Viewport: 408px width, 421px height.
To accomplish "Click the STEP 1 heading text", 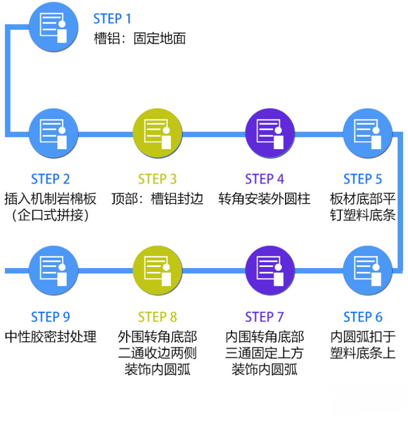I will pos(112,19).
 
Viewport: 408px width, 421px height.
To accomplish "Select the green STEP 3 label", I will pos(157,179).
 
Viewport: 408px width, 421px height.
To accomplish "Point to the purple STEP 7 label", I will pos(264,317).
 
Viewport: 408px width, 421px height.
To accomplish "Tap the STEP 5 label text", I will pos(363,179).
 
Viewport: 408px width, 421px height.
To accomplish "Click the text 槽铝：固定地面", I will pos(140,39).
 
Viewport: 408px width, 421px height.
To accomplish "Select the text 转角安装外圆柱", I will pos(264,198).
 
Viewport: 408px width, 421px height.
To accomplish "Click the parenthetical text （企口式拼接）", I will pos(50,216).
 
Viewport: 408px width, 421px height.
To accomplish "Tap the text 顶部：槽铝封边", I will pos(157,198).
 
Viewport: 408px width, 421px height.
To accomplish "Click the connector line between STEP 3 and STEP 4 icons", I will pos(214,133).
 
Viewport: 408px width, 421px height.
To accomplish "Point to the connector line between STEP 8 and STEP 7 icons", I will pos(214,270).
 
